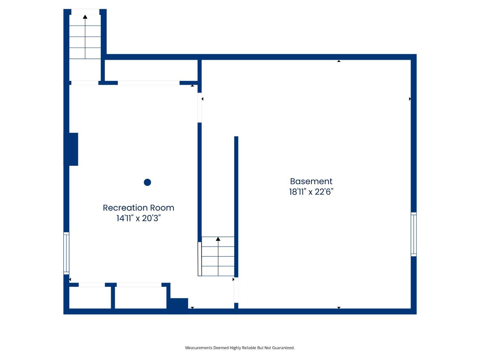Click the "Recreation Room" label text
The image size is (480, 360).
(139, 208)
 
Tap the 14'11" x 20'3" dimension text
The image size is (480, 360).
(139, 218)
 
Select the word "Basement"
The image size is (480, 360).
(311, 181)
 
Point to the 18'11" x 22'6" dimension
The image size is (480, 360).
(311, 192)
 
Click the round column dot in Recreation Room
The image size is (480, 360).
(148, 182)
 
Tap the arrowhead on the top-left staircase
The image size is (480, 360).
(85, 17)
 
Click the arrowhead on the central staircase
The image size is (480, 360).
(218, 239)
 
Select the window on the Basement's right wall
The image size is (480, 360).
(413, 234)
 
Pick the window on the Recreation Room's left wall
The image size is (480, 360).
(66, 253)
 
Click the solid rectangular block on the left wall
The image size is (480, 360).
(71, 149)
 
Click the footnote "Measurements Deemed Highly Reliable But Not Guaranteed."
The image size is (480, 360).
(240, 348)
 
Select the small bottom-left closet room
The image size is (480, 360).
(90, 298)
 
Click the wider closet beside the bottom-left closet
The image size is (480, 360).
(140, 298)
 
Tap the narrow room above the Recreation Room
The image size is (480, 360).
(151, 70)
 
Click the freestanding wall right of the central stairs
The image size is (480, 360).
(236, 206)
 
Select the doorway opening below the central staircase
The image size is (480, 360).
(236, 290)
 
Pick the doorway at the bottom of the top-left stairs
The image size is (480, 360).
(85, 83)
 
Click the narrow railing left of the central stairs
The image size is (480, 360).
(200, 259)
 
